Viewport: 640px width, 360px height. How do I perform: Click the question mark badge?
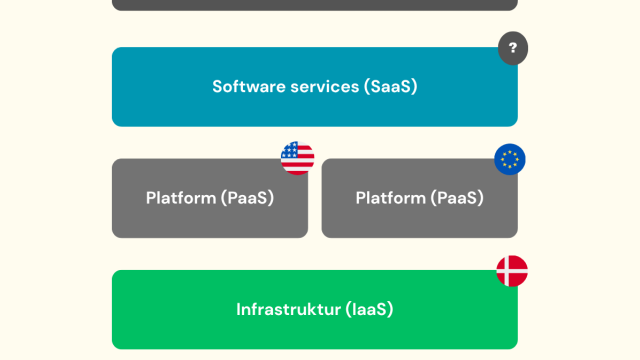tap(513, 48)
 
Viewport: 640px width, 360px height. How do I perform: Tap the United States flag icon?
tap(298, 158)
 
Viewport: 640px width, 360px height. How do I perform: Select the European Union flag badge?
tap(510, 159)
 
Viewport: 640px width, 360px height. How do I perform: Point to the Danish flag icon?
tap(512, 271)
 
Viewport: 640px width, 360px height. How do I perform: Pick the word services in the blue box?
tap(327, 87)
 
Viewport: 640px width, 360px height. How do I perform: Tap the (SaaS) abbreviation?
tap(391, 87)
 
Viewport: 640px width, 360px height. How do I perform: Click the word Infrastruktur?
tap(289, 309)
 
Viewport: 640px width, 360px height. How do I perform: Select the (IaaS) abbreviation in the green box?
tap(369, 309)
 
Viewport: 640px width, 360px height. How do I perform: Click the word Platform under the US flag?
tap(181, 198)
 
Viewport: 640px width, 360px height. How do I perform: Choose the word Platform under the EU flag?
tap(391, 198)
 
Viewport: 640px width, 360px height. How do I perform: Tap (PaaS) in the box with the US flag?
tap(247, 198)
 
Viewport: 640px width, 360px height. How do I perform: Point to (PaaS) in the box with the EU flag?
tap(457, 198)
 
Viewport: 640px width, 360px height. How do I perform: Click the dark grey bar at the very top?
tap(315, 4)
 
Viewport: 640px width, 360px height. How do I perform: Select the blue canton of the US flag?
tap(290, 150)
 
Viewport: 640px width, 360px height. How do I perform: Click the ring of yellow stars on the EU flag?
tap(510, 159)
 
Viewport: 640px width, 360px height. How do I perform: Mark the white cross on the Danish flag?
tap(509, 271)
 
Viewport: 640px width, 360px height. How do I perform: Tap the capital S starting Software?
tap(218, 87)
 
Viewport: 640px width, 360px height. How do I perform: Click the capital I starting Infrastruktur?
tap(238, 309)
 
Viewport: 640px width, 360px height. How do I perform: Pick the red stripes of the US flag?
tap(302, 164)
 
